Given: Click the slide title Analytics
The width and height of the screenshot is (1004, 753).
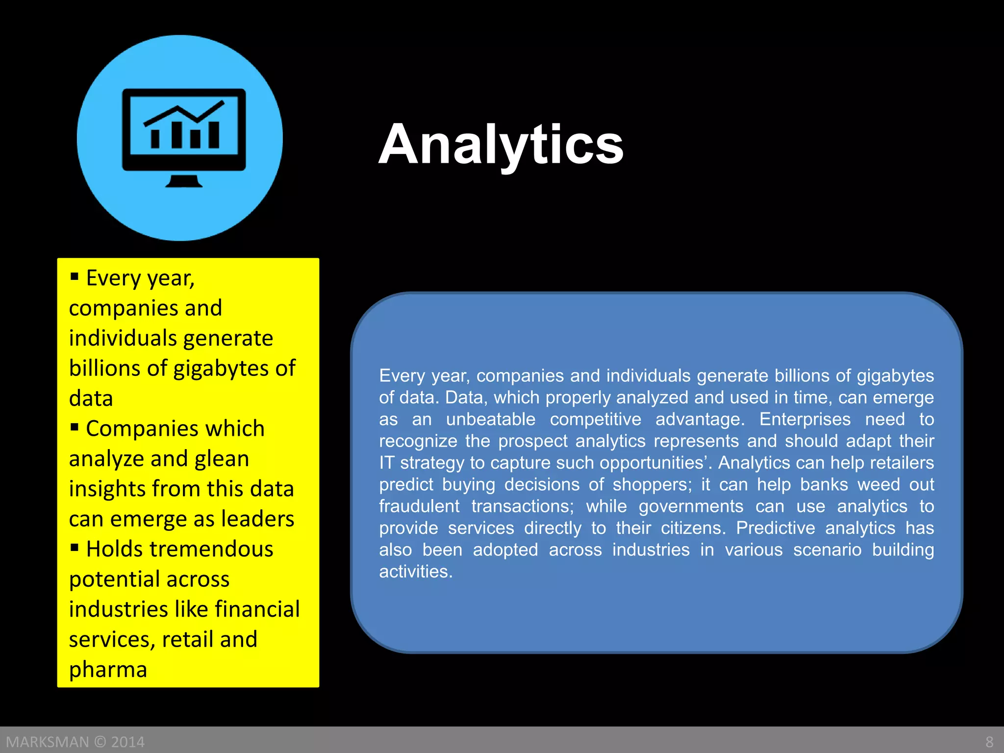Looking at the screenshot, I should (x=501, y=144).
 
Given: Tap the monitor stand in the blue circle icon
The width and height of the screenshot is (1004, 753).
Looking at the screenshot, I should (x=183, y=181).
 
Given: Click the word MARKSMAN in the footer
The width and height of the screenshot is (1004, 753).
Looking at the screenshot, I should (x=48, y=742).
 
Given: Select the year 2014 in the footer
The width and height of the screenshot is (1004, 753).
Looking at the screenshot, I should (x=128, y=742).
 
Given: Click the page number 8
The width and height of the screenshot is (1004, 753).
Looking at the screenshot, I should (x=989, y=742).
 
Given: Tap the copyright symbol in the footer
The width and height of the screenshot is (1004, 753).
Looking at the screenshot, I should (x=100, y=742).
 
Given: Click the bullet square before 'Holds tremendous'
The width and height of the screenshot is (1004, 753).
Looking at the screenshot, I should (x=75, y=547).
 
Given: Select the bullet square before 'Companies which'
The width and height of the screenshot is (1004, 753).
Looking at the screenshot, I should (x=75, y=427).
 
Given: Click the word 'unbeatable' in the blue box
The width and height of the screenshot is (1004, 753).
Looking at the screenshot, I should (x=491, y=420).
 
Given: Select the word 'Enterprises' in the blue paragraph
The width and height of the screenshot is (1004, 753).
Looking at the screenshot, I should (x=805, y=420).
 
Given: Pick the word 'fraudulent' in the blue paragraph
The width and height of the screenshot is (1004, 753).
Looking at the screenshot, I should (x=419, y=506).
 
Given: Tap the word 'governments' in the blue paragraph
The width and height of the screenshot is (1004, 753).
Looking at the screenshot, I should (x=691, y=506).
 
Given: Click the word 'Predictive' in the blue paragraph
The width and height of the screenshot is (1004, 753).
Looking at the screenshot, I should (x=776, y=528).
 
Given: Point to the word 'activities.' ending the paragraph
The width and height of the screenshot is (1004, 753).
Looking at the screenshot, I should (x=416, y=572).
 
